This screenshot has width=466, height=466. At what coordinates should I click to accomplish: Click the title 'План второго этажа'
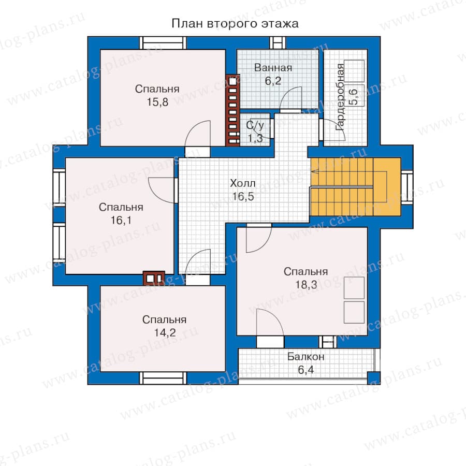235,23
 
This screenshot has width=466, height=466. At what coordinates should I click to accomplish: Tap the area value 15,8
157,102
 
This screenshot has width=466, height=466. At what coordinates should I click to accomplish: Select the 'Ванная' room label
273,68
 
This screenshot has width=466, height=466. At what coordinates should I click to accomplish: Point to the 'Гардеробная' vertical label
340,97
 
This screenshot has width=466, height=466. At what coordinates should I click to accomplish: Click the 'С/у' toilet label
255,125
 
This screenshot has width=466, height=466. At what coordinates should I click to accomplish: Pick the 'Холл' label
242,183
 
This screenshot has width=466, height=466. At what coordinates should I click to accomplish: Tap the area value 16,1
121,220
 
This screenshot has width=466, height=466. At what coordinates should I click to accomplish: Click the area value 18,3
306,285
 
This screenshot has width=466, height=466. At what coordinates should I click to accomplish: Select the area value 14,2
165,332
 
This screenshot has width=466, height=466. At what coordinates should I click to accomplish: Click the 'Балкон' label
305,357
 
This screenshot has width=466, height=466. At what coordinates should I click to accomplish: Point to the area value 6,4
305,370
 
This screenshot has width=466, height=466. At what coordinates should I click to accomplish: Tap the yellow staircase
355,186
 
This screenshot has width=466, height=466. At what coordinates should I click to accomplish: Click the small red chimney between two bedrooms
154,278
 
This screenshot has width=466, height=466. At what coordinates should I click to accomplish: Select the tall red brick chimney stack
232,110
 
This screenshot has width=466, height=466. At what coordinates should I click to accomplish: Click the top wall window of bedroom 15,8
163,43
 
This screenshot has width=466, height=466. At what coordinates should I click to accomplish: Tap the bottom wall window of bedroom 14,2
163,378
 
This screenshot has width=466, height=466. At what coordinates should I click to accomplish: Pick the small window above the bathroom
278,43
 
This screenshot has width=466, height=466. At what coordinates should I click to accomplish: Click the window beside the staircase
407,186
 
